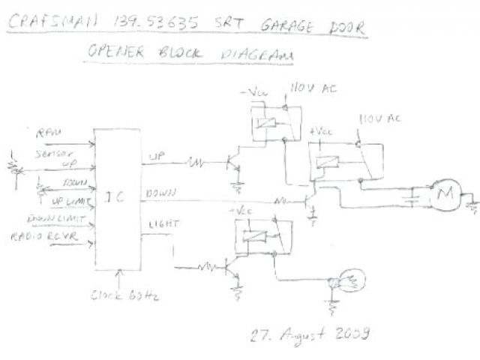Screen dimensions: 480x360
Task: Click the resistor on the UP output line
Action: (x=199, y=161)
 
